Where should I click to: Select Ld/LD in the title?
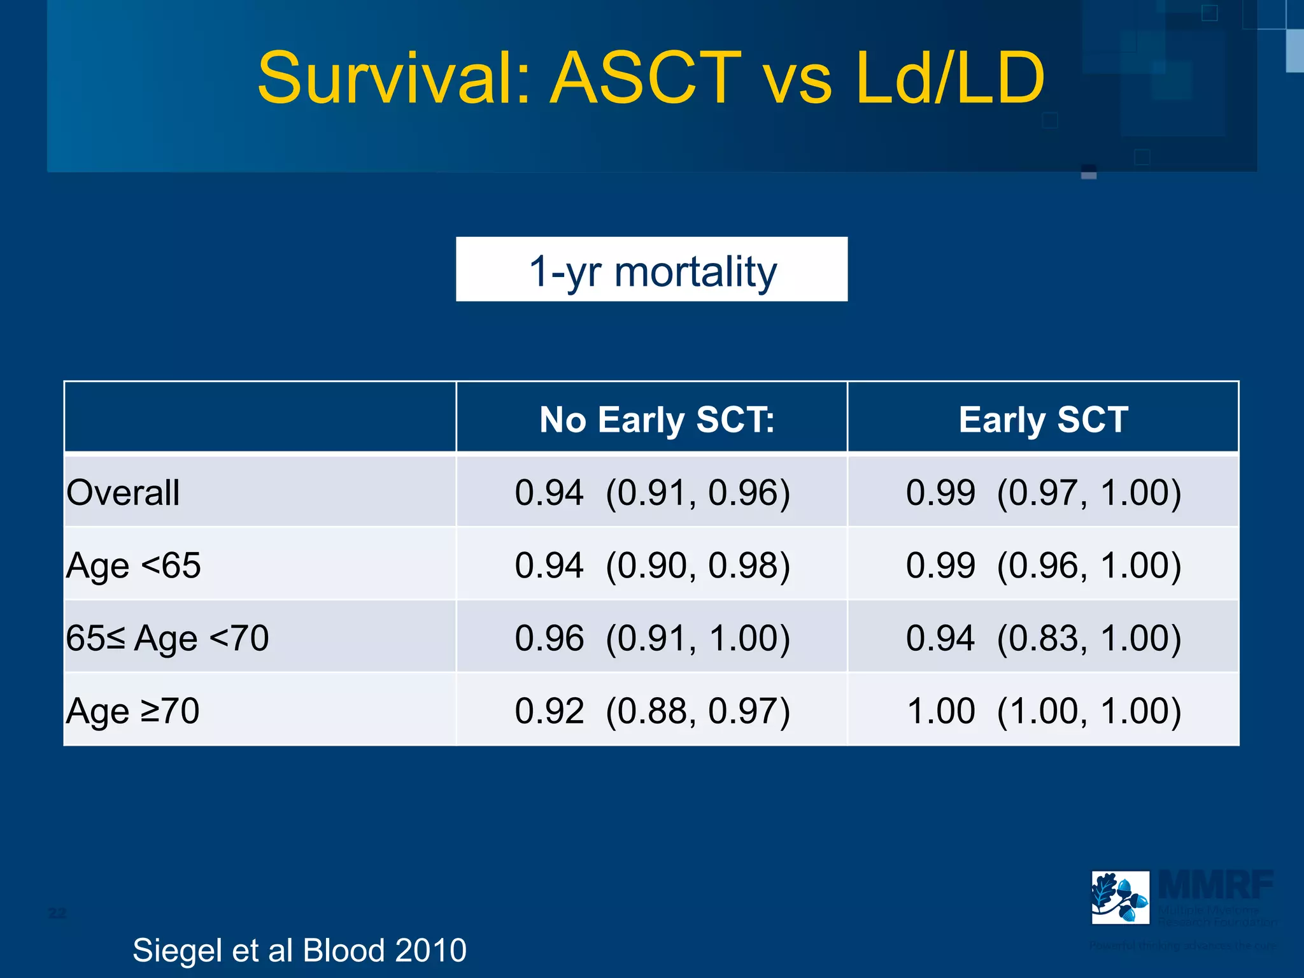coord(949,79)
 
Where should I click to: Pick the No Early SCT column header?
coord(656,420)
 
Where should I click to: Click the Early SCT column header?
coord(1043,420)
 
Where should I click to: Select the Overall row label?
coord(123,492)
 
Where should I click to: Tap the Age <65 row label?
coord(133,565)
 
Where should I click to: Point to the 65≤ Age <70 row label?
coord(167,638)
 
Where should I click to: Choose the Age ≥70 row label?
coord(132,711)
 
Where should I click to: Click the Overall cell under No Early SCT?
coord(652,492)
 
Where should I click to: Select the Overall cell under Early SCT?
coord(1043,492)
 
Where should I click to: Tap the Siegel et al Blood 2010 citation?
coord(299,950)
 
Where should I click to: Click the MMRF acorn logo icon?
coord(1120,897)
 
